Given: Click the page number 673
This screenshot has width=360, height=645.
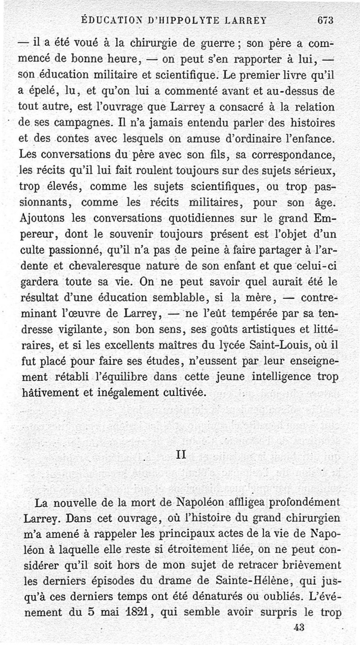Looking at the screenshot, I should coord(324,20).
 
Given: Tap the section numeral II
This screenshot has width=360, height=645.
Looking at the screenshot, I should coord(180,455).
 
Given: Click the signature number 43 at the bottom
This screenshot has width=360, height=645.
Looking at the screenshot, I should coord(298,629).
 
